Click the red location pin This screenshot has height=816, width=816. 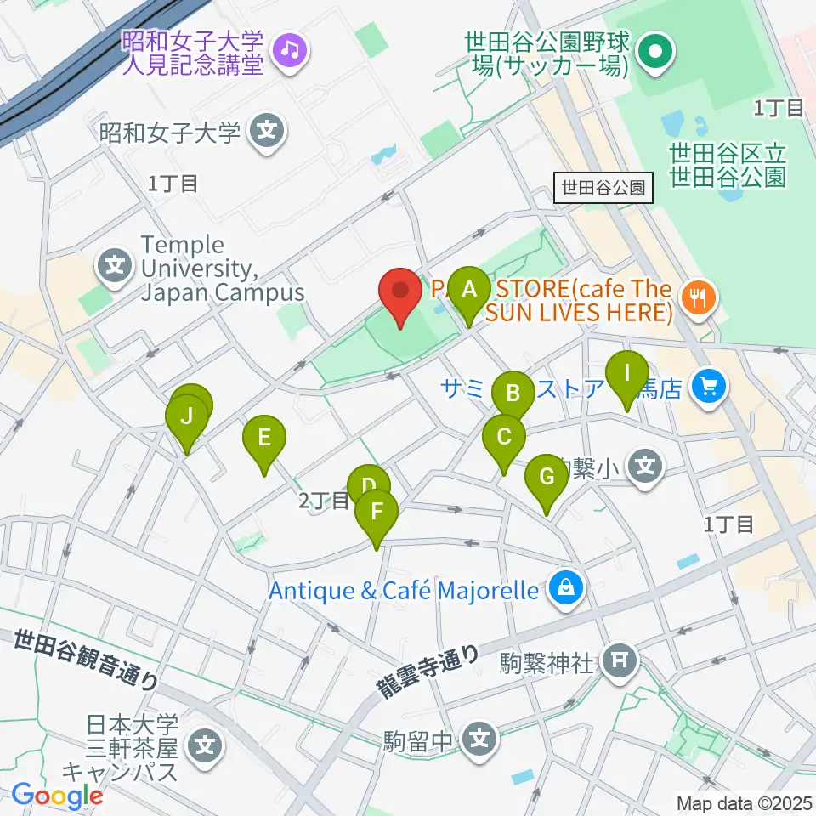pyautogui.click(x=400, y=293)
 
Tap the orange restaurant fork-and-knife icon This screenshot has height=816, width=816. pyautogui.click(x=700, y=297)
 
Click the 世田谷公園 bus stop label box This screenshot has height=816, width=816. pyautogui.click(x=603, y=188)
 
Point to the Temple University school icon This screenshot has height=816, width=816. pyautogui.click(x=116, y=267)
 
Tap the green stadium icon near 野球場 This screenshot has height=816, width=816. pyautogui.click(x=654, y=52)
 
